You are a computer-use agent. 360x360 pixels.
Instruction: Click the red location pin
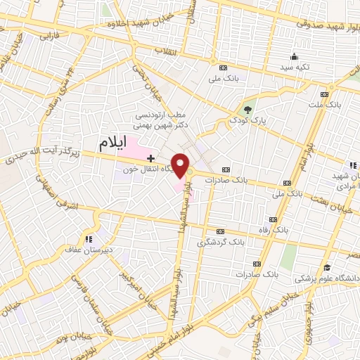tap(182, 164)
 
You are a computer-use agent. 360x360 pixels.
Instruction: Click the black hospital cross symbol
tap(150, 139)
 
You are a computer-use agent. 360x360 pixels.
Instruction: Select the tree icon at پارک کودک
tap(247, 108)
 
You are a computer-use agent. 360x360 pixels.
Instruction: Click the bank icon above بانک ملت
tap(324, 94)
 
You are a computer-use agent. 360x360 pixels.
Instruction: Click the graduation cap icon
tap(327, 267)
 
